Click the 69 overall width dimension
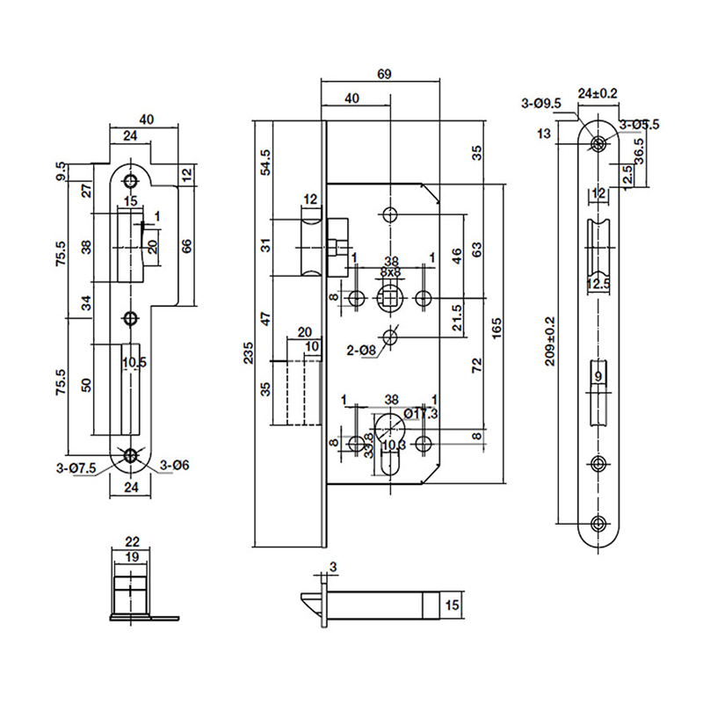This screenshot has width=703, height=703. pyautogui.click(x=382, y=74)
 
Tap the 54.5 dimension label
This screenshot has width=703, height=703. pyautogui.click(x=266, y=163)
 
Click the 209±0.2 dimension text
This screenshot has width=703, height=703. pyautogui.click(x=551, y=341)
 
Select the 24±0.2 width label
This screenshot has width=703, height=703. pyautogui.click(x=598, y=92)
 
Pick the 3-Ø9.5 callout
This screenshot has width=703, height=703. pyautogui.click(x=541, y=104)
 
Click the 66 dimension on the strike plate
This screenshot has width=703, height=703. pyautogui.click(x=186, y=246)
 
